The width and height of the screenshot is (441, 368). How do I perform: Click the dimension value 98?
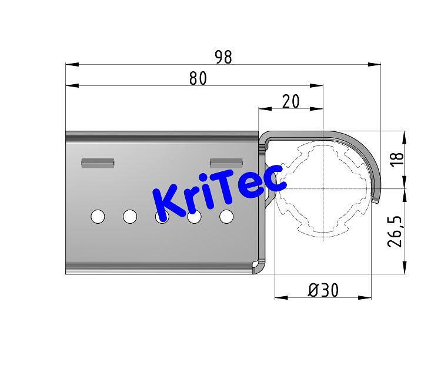[223, 57]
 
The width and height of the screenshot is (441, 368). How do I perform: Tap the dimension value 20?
[290, 101]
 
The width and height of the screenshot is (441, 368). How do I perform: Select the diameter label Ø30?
[323, 290]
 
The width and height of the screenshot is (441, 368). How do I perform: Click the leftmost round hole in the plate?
[98, 217]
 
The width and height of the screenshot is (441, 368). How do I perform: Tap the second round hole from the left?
[130, 217]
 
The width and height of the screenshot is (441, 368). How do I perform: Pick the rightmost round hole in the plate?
[226, 217]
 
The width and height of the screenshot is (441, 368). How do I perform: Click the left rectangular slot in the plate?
[98, 163]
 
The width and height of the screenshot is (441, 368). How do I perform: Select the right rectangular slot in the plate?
[226, 163]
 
